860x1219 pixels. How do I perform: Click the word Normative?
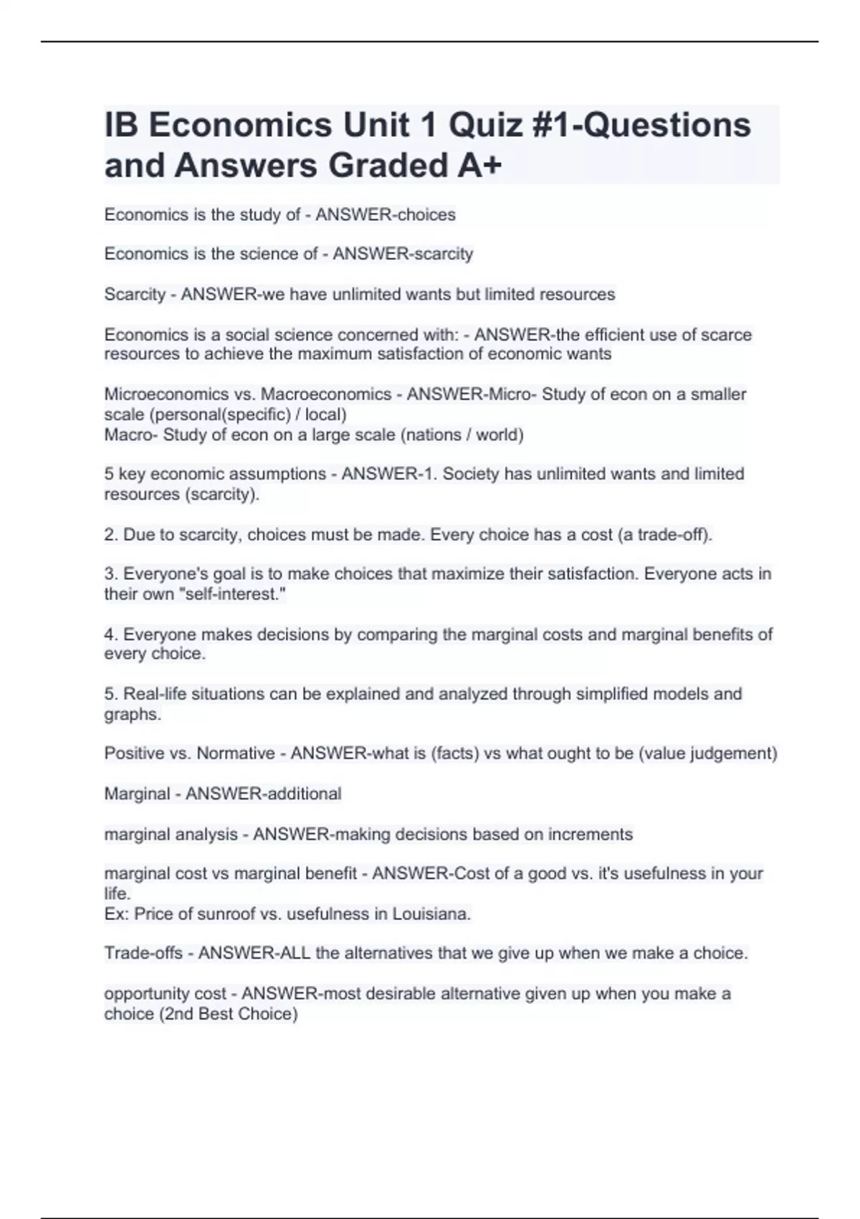(x=236, y=754)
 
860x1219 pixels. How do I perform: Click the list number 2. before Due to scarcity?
(x=111, y=535)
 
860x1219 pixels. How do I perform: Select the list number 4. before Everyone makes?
(x=111, y=635)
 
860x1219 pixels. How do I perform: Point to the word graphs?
(x=133, y=715)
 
